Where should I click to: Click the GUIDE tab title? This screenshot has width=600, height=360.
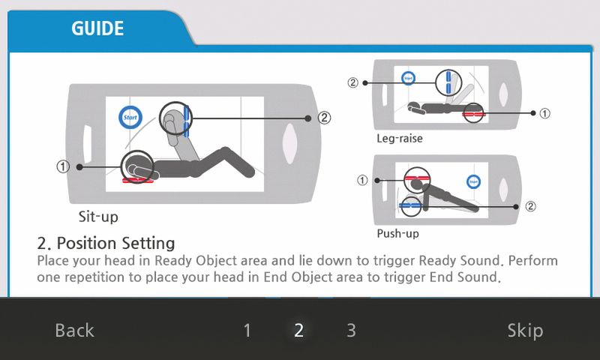(97, 28)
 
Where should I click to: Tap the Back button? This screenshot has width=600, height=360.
(74, 331)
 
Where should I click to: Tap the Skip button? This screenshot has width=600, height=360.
(525, 331)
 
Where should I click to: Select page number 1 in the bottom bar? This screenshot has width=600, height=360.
(247, 331)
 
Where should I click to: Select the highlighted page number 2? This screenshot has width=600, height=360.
(298, 331)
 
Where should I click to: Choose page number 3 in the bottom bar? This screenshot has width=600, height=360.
(351, 331)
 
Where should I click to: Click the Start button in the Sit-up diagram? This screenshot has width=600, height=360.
(130, 117)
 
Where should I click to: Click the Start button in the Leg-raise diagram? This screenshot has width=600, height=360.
(408, 79)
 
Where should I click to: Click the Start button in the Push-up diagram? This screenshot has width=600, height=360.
(474, 181)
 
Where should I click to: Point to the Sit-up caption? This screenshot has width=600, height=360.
(98, 217)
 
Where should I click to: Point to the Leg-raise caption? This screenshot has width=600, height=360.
(400, 138)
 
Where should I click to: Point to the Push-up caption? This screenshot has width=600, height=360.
(398, 233)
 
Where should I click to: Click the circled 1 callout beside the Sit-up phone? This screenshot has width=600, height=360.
(63, 166)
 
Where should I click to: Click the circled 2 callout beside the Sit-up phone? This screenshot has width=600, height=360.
(325, 118)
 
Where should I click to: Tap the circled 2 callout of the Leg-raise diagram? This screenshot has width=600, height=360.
(352, 82)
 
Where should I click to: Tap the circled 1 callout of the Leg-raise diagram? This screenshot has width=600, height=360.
(545, 113)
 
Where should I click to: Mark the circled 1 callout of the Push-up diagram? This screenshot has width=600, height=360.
(362, 180)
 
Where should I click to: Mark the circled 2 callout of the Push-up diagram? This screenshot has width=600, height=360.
(530, 206)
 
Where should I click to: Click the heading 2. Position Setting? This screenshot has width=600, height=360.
(106, 243)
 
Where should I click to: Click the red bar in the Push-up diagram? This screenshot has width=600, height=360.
(418, 178)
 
